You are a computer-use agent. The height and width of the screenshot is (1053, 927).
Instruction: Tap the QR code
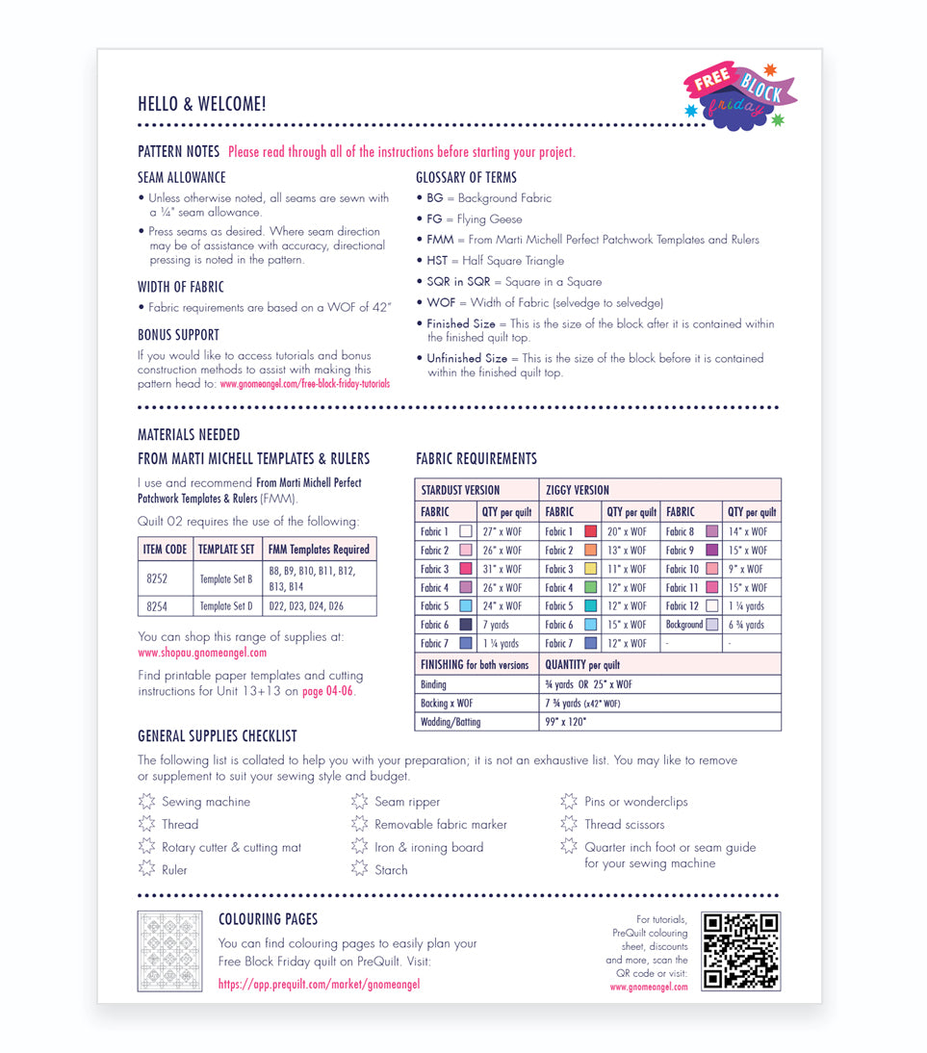(740, 951)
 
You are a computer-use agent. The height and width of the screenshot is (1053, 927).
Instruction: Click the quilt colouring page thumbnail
(169, 951)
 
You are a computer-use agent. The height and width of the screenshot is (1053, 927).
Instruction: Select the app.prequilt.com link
(319, 984)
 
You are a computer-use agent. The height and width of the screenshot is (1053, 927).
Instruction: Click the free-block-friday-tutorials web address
(305, 383)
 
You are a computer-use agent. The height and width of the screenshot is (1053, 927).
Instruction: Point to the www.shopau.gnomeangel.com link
(202, 653)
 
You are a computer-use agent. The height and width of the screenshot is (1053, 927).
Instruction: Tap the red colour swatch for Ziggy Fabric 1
(590, 531)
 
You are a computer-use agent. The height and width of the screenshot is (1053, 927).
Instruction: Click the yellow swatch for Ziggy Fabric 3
(590, 569)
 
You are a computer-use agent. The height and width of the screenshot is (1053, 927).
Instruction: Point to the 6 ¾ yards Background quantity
(747, 625)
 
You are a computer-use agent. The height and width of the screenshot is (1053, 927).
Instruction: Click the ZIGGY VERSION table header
(577, 490)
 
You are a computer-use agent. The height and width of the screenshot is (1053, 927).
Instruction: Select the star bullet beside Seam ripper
(359, 801)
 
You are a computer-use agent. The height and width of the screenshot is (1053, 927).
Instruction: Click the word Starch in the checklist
(391, 870)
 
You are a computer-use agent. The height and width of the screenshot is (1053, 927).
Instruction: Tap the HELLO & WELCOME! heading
(202, 104)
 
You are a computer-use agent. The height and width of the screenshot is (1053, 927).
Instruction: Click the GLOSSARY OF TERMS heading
(466, 177)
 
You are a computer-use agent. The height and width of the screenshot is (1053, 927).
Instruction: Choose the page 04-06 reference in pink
(327, 691)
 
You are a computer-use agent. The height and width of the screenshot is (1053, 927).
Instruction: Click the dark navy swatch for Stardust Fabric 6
(466, 625)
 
